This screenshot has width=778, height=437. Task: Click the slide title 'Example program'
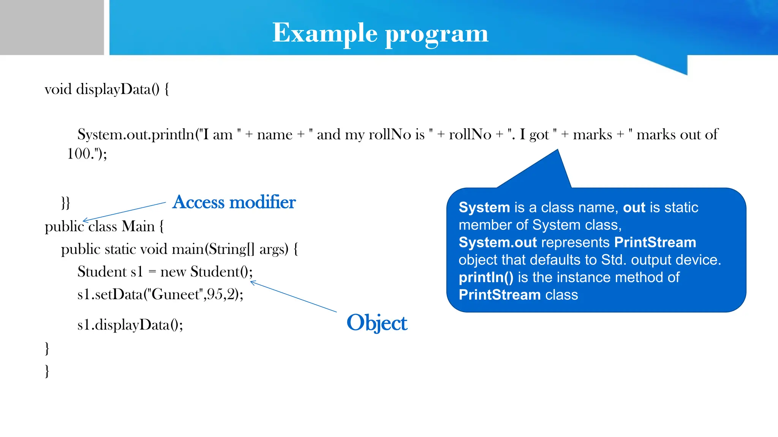point(380,33)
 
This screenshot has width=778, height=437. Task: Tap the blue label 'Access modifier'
point(234,202)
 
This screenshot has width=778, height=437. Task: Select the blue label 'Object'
point(377,323)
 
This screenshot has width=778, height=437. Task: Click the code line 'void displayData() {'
point(107,90)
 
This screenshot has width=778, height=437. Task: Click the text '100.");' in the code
point(87,154)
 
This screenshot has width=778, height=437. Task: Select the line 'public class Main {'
point(104,226)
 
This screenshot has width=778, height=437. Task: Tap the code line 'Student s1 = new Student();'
point(165,272)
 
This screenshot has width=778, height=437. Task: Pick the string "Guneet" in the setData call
point(175,294)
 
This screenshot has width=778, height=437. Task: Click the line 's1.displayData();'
point(130,325)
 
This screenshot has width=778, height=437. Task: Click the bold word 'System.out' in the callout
point(498,242)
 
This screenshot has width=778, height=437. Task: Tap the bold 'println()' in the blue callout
point(486,277)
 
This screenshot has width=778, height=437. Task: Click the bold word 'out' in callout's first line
point(634,207)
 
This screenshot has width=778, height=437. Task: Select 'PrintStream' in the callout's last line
point(500,295)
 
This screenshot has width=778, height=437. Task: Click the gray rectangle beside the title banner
point(52,27)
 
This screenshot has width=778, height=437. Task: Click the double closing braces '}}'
point(65,203)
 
